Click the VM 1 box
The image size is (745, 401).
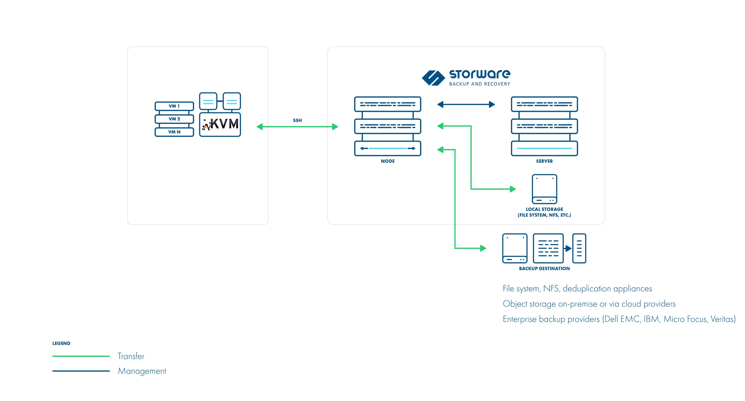pos(174,106)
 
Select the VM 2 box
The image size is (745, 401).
pos(174,119)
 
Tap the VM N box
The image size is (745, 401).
pos(174,132)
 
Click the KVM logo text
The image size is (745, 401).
pos(224,124)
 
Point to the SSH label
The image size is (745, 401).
pos(297,120)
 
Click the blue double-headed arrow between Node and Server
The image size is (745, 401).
pos(466,104)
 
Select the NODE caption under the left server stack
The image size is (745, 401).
pos(388,161)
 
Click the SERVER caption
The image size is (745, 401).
pos(544,161)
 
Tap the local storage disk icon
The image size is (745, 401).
pos(545,189)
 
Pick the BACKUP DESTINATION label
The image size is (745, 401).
pos(544,269)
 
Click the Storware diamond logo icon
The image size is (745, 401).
pos(433,78)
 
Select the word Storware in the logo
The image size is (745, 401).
pos(480,74)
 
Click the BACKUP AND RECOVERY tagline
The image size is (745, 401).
pos(480,84)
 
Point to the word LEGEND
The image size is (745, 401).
pos(61,343)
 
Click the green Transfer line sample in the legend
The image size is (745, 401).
pos(81,356)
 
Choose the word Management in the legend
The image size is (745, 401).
pos(142,371)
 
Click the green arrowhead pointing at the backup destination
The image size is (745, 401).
pos(483,248)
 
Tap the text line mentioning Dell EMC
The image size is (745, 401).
pos(619,319)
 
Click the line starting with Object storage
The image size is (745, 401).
pos(589,304)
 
